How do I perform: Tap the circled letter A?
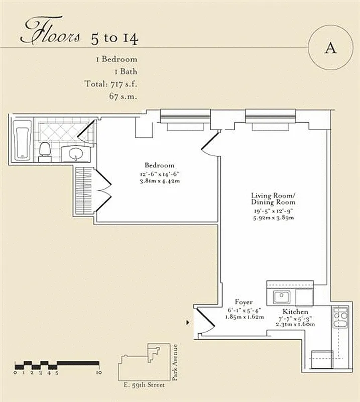(330, 48)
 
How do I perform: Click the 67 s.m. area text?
(123, 95)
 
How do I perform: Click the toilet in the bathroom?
(45, 149)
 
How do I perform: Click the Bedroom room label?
(159, 165)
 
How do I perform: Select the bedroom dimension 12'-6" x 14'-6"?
(159, 174)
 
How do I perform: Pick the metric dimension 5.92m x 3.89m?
(274, 218)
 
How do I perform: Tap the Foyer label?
(244, 303)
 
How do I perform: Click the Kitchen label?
(295, 312)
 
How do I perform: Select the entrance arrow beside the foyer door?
(188, 322)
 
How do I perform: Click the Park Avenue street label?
(175, 362)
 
